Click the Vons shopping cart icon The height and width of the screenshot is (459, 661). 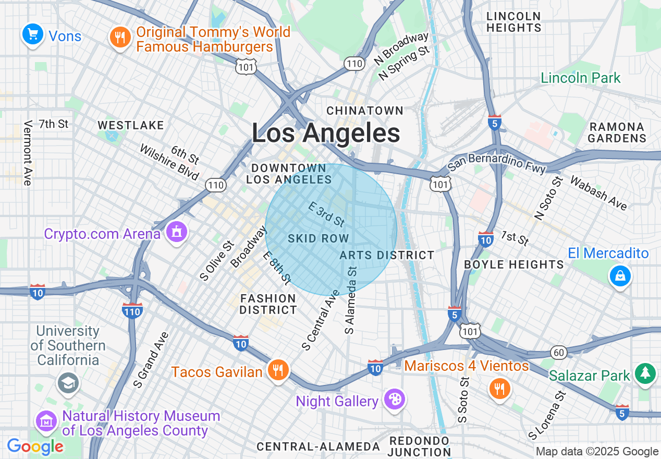[x=33, y=34]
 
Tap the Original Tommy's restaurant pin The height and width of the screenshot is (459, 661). [x=120, y=37]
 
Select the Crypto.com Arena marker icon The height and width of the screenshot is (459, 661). [x=177, y=232]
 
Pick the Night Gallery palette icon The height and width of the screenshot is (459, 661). [x=394, y=400]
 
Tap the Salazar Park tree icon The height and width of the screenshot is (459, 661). [x=645, y=373]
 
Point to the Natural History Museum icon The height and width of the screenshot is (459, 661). [x=46, y=420]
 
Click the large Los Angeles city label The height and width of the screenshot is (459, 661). [x=326, y=133]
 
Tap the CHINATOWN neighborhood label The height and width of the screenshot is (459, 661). [x=365, y=111]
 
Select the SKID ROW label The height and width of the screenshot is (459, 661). [x=318, y=238]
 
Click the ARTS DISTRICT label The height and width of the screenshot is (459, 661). [x=387, y=255]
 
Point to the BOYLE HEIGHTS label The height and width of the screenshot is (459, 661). [x=513, y=264]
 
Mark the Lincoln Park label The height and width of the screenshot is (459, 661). [x=581, y=78]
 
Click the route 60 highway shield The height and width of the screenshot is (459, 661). [x=559, y=353]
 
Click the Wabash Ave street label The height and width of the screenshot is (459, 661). [x=598, y=193]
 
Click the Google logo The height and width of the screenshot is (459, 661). [x=35, y=446]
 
